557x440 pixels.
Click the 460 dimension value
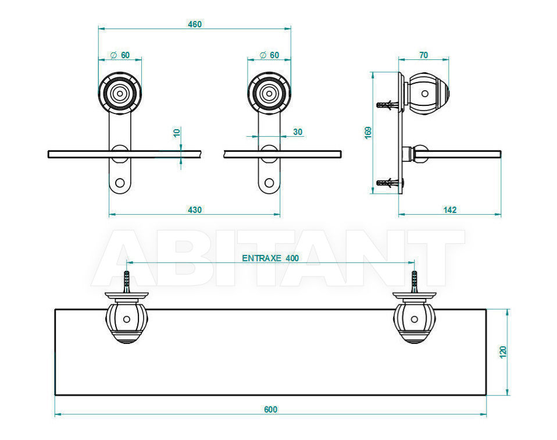[x=195, y=24]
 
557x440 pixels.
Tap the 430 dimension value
[x=195, y=210]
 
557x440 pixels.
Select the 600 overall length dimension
[x=271, y=409]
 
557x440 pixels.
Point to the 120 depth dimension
[x=503, y=352]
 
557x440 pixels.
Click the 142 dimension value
[x=449, y=210]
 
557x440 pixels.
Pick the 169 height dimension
[x=368, y=133]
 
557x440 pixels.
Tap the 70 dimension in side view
[x=423, y=55]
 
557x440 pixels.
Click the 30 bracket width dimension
[x=298, y=132]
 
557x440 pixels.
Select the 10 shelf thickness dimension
[x=177, y=133]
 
